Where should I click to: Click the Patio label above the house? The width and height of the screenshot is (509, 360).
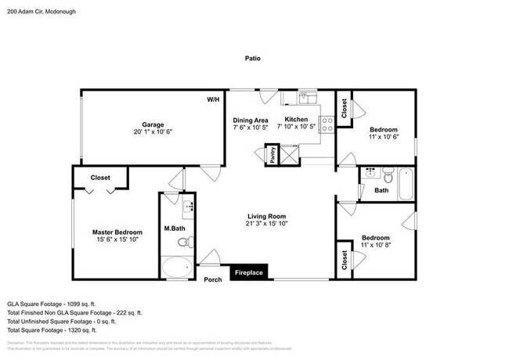pos(252,58)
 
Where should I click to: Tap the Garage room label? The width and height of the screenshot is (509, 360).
pos(152,124)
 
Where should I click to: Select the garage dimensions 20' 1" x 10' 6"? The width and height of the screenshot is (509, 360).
pos(152,131)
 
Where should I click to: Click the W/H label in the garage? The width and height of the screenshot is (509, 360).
pos(213,100)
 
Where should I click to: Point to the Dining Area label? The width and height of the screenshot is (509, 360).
pos(251,120)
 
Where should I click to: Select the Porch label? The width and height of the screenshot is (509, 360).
pos(212,279)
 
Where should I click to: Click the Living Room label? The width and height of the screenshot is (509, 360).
pos(266,216)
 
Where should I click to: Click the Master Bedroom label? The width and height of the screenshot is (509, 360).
pos(117,232)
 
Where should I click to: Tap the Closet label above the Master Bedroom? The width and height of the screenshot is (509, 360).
pos(100,178)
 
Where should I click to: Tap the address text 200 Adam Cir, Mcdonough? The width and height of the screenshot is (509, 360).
pos(38,11)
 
